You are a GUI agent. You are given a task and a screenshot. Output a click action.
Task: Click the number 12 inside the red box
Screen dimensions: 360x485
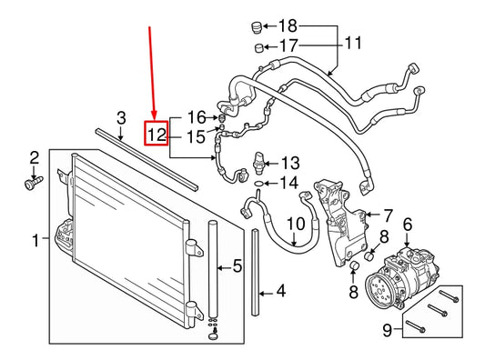157,135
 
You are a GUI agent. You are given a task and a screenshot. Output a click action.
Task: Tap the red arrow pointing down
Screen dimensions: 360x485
153,73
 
